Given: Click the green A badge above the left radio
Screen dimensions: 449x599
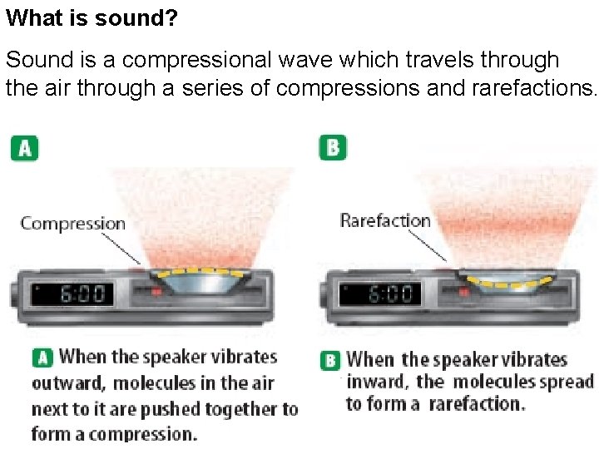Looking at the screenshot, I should [24, 148].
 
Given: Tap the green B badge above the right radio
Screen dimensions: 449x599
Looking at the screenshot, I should [333, 148].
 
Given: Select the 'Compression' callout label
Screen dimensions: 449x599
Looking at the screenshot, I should [73, 223].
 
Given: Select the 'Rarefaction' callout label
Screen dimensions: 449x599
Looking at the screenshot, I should [385, 220].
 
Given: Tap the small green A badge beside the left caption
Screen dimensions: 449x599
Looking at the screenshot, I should [42, 358].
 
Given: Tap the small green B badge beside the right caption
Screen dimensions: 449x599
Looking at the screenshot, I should [330, 361].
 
